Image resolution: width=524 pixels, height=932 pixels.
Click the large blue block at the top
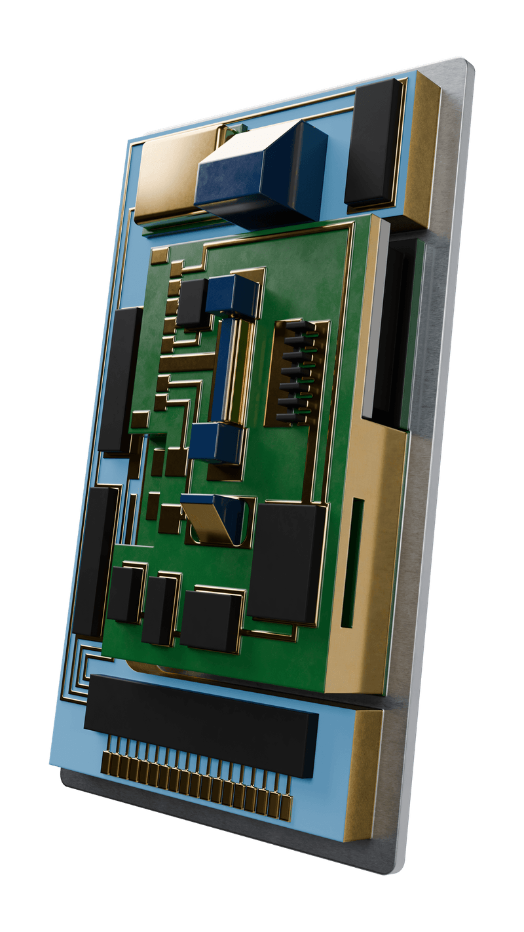[x=262, y=174]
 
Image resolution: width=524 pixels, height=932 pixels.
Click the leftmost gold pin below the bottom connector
[x=107, y=762]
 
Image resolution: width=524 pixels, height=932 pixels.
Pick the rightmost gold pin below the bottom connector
[x=286, y=806]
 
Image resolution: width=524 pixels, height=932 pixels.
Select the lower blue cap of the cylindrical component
[x=216, y=442]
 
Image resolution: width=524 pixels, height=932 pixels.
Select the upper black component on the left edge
[x=120, y=380]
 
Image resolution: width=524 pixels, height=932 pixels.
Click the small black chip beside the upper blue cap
[x=192, y=303]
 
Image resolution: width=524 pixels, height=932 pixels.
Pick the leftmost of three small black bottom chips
[x=124, y=594]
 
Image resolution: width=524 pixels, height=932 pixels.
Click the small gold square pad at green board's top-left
[x=159, y=256]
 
